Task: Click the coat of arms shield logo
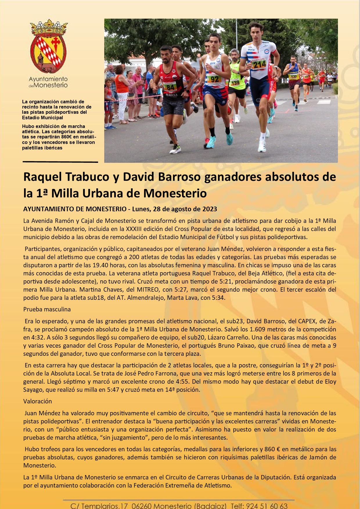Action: pyautogui.click(x=48, y=47)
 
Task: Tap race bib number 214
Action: pyautogui.click(x=259, y=64)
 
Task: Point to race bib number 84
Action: pyautogui.click(x=170, y=86)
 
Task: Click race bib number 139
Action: pyautogui.click(x=235, y=83)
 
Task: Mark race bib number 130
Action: pyautogui.click(x=293, y=77)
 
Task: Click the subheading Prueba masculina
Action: pyautogui.click(x=47, y=309)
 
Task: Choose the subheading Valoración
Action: pyautogui.click(x=37, y=401)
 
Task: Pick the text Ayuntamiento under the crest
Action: pyautogui.click(x=48, y=79)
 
